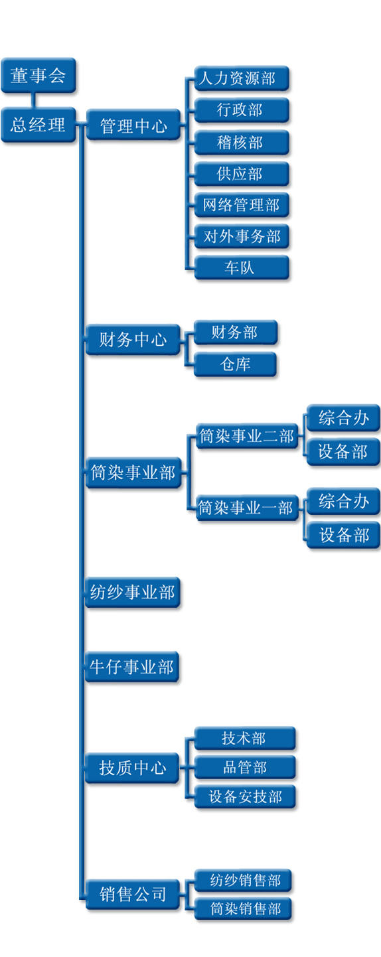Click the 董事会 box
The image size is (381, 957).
pos(38,76)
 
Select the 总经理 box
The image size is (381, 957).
pos(38,125)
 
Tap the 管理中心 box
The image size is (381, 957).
pos(133,125)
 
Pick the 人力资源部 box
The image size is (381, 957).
pos(242,78)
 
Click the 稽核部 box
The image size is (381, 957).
pos(242,142)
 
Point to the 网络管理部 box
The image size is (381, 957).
pos(242,205)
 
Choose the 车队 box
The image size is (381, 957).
pos(242,268)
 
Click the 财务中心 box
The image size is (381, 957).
pos(133,340)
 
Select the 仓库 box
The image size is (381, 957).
pos(236,364)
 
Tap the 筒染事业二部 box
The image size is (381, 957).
pos(248,436)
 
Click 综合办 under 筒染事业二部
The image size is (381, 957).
pos(343,417)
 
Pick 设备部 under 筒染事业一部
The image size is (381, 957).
pos(343,534)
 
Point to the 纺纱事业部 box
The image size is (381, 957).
pos(132,592)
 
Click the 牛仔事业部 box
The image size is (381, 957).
pos(132,666)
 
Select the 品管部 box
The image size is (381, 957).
pos(245,767)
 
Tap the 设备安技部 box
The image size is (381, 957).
pos(245,796)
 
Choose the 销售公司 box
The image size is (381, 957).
pos(133,894)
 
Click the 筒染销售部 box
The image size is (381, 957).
pos(243,909)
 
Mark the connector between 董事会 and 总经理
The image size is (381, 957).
pos(34,100)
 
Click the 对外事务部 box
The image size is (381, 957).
pos(242,236)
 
